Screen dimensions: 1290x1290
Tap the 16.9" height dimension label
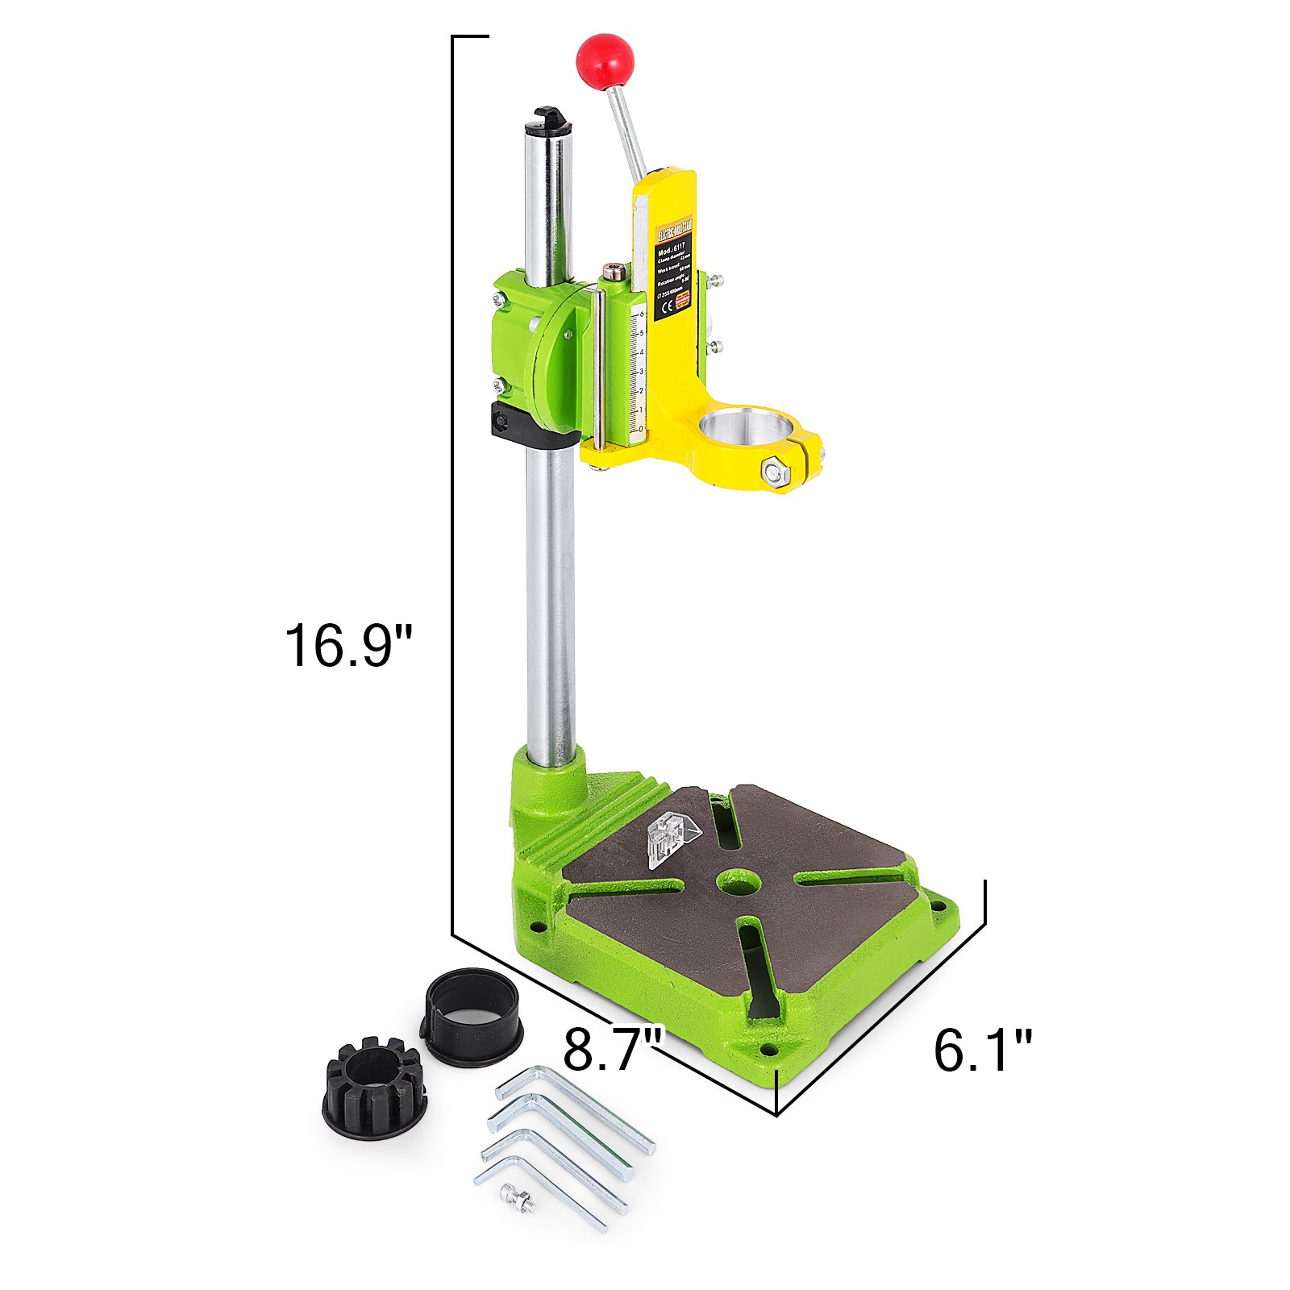tap(348, 646)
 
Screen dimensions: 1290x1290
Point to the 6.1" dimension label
tap(982, 1051)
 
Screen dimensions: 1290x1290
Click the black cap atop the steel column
tap(549, 121)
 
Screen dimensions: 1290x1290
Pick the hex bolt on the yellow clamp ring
tap(775, 472)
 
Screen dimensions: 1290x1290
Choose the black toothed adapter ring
tap(374, 1088)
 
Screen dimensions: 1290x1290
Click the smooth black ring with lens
tap(472, 1017)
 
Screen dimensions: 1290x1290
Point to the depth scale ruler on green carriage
tap(637, 371)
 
